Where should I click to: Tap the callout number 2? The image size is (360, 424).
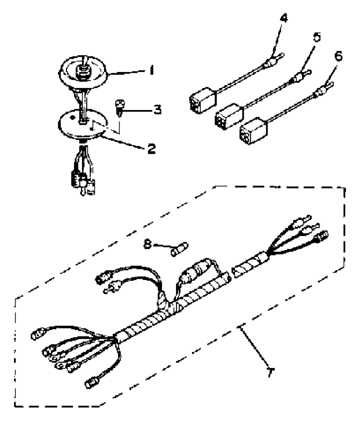[152, 149]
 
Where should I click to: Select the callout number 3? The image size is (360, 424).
[157, 110]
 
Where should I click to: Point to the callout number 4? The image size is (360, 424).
[283, 18]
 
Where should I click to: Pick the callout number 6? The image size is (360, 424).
[338, 56]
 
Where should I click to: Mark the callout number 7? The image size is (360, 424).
[271, 372]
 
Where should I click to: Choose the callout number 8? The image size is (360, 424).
[148, 245]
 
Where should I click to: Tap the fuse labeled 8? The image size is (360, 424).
[179, 249]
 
